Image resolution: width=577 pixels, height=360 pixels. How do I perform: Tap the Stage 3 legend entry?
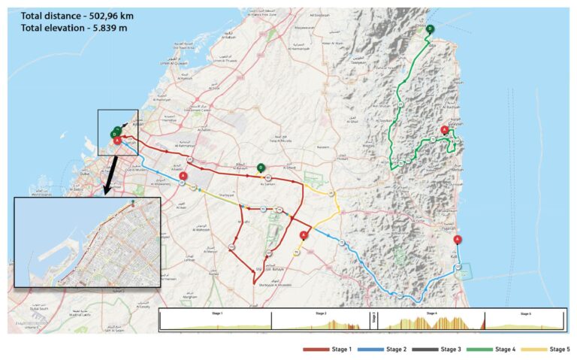(x=446, y=349)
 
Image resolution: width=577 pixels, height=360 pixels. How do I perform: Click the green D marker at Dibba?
(x=430, y=29)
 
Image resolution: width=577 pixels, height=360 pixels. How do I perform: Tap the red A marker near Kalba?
(x=458, y=240)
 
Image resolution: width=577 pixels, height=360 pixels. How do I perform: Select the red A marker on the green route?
(x=444, y=130)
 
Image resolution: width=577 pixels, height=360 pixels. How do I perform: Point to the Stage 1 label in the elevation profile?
(x=216, y=313)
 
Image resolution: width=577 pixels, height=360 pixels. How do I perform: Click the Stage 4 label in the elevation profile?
(x=431, y=313)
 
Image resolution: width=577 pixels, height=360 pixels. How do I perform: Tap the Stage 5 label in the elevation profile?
(x=524, y=313)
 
